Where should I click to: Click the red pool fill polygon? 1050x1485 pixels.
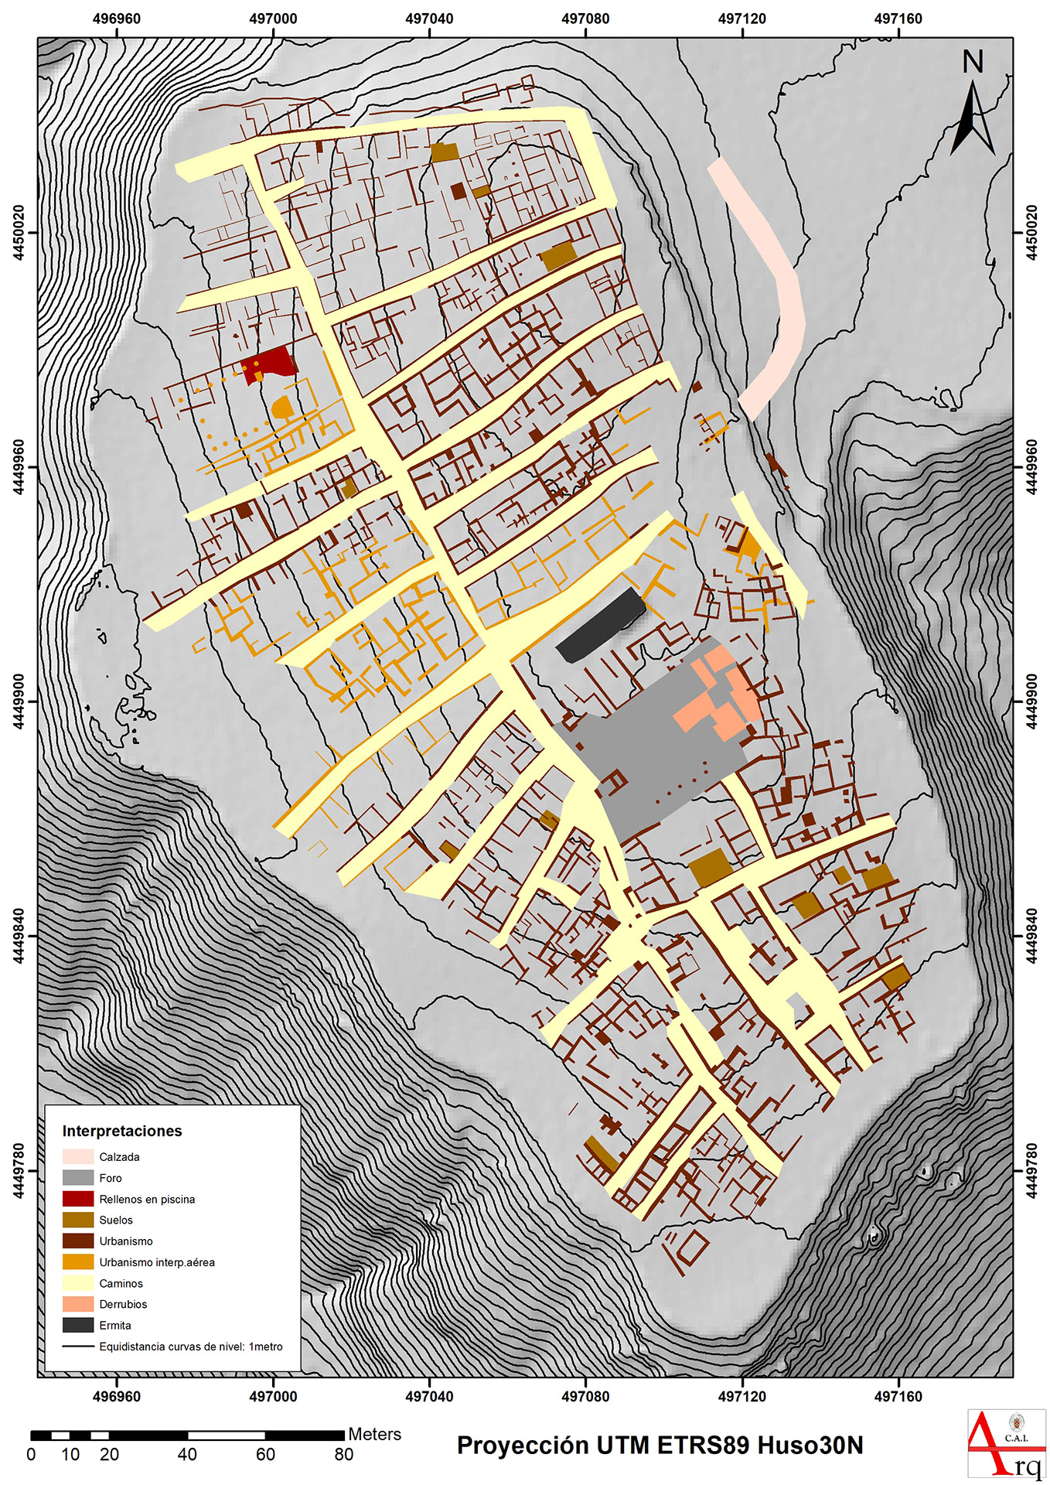(268, 362)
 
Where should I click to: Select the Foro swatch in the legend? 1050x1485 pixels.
(78, 1178)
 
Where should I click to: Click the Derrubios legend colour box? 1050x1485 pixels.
(78, 1304)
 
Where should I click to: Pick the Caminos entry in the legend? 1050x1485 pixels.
(121, 1283)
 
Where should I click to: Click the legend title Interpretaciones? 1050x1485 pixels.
(122, 1131)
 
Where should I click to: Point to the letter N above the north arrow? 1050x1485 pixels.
(973, 62)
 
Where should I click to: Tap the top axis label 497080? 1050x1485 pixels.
(585, 19)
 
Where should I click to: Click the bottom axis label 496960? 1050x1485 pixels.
(117, 1396)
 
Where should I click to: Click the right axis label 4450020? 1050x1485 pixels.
(1031, 233)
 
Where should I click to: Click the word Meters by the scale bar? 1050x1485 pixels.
(374, 1434)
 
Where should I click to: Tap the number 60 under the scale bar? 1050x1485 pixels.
(265, 1454)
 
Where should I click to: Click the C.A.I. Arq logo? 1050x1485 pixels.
(1006, 1443)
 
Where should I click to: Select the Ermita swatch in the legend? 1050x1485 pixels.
(78, 1325)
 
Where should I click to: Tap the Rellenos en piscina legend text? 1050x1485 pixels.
(147, 1199)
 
